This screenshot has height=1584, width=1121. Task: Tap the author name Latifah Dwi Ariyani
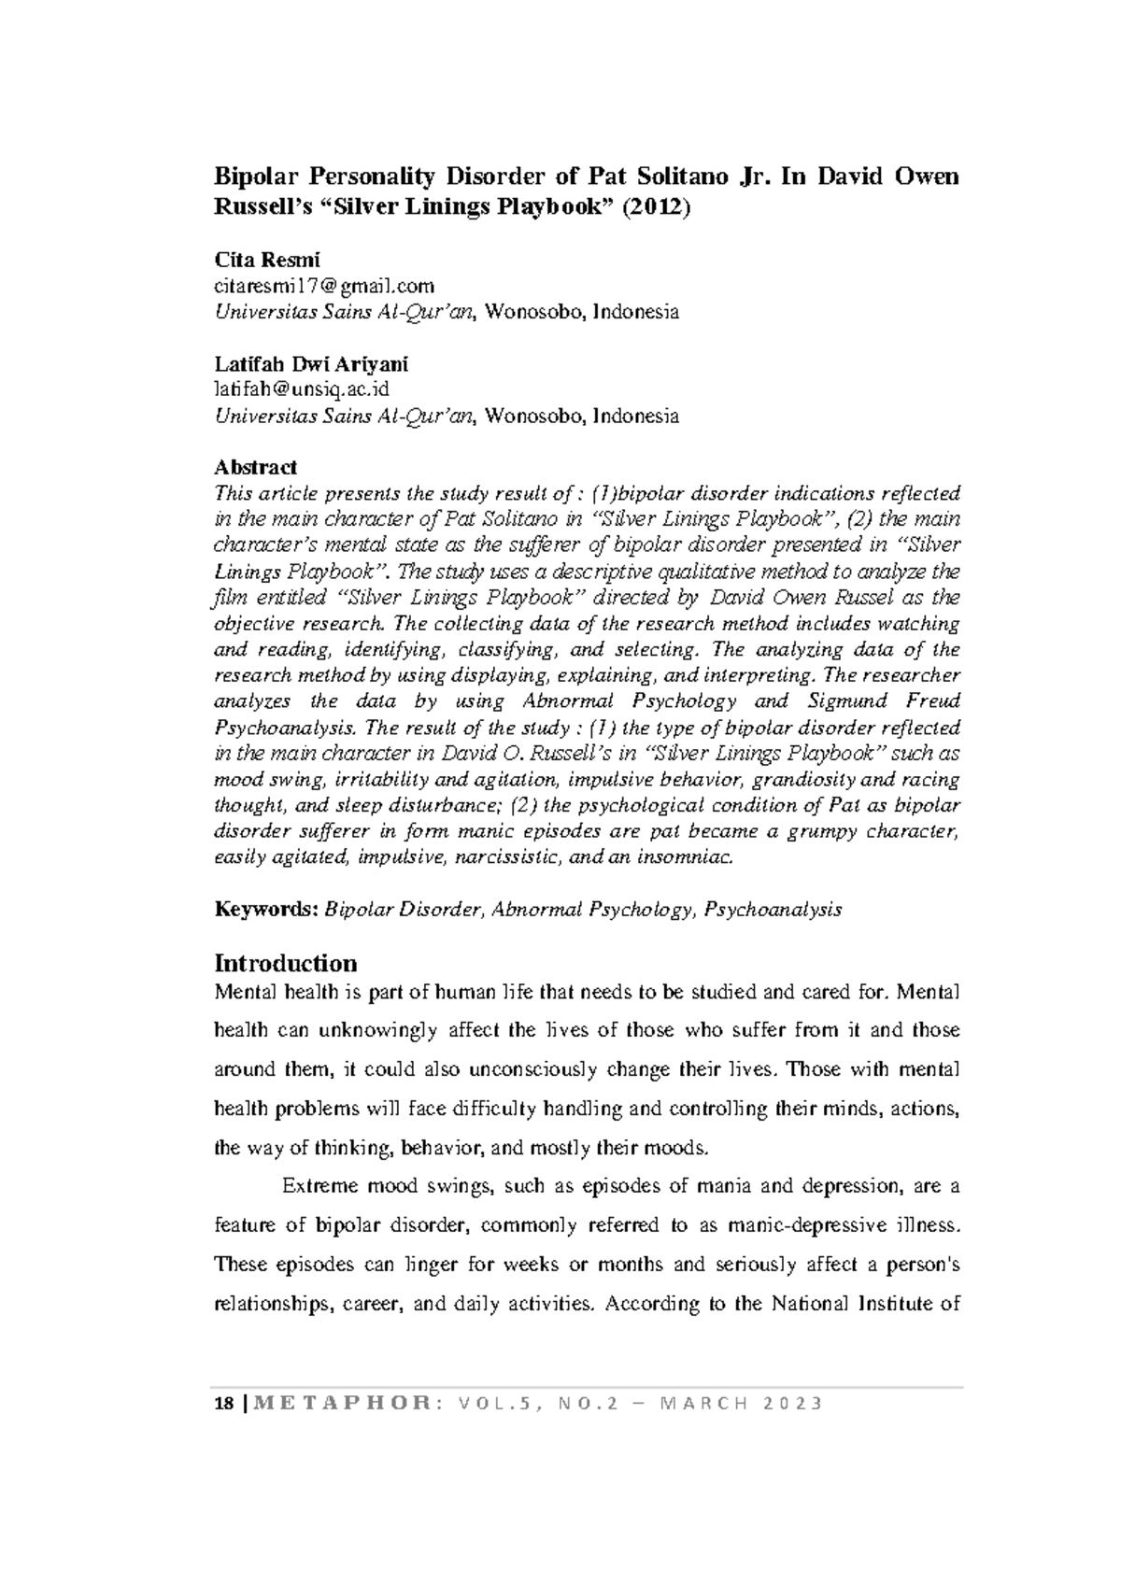pos(311,363)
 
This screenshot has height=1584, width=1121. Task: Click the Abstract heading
pos(256,467)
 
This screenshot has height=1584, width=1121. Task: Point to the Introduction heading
pos(286,963)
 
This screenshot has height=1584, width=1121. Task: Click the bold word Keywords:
pos(266,909)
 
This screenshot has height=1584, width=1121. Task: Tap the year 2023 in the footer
pos(792,1405)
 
